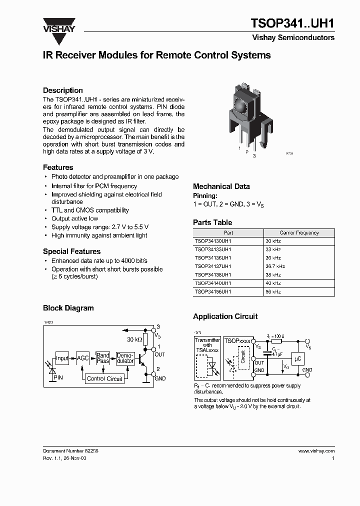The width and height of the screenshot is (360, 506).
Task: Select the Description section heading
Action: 63,90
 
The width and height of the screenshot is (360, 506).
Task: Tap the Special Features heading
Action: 71,251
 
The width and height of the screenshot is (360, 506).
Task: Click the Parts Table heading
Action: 212,222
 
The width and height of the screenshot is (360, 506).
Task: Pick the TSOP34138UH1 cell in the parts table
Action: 213,274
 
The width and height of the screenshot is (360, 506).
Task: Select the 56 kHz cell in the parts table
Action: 273,291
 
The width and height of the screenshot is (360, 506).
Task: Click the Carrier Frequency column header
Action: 299,233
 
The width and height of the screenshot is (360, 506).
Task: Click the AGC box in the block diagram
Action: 82,358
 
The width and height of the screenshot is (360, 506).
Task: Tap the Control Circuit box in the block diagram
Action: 104,378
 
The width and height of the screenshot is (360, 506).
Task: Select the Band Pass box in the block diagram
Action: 103,358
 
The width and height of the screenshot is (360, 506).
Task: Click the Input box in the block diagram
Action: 62,358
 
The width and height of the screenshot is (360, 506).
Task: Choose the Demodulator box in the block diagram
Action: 125,358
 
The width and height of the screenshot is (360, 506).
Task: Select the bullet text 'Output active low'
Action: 75,218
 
